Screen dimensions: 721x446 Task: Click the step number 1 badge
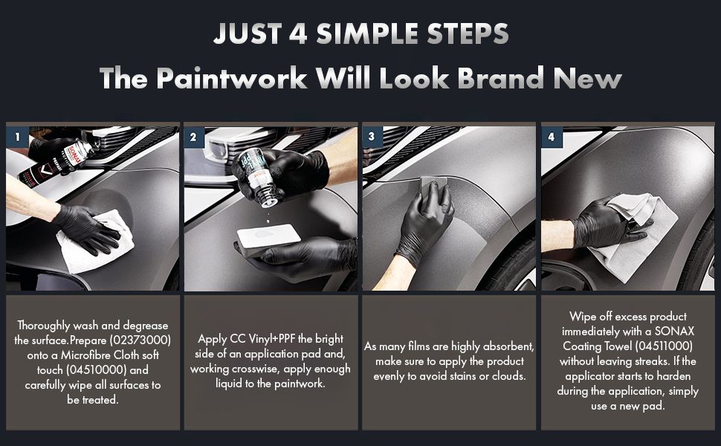point(18,137)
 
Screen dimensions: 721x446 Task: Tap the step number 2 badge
point(193,137)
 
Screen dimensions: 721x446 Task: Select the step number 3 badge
point(372,137)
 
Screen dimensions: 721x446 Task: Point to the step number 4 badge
point(551,137)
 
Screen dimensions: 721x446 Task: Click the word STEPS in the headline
point(468,33)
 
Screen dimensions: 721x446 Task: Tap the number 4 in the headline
point(298,33)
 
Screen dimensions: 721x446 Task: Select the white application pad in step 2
point(269,236)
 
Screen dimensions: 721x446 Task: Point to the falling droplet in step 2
point(268,221)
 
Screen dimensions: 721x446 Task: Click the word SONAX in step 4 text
point(674,331)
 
